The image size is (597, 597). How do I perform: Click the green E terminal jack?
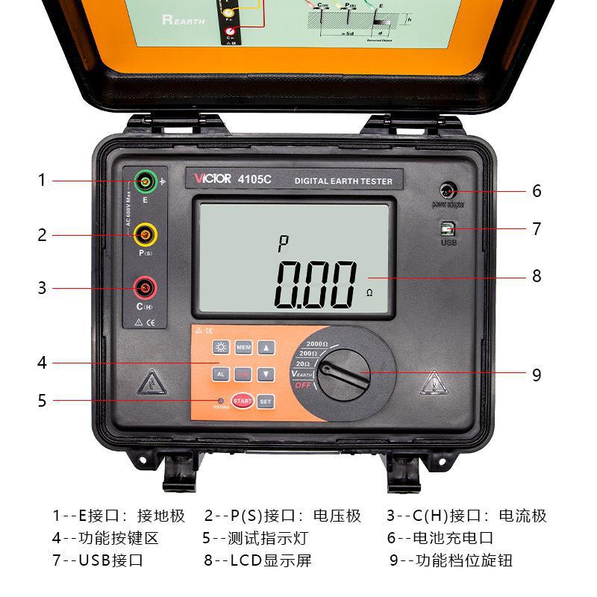tap(144, 180)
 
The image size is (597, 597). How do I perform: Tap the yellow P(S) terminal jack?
tap(145, 235)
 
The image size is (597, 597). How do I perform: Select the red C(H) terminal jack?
tap(145, 287)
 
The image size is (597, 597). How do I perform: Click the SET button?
tap(266, 401)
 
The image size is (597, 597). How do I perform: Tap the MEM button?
tap(243, 348)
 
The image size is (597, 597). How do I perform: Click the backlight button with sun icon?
tap(220, 348)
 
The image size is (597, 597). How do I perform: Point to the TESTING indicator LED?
tap(221, 400)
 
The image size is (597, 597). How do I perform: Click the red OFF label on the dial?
tap(302, 385)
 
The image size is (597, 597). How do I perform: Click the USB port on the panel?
tap(448, 229)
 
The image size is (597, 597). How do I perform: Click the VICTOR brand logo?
tap(210, 179)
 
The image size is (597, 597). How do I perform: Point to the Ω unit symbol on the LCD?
tap(369, 293)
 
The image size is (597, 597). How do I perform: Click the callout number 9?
tap(537, 375)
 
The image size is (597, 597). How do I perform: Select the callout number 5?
tap(43, 400)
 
